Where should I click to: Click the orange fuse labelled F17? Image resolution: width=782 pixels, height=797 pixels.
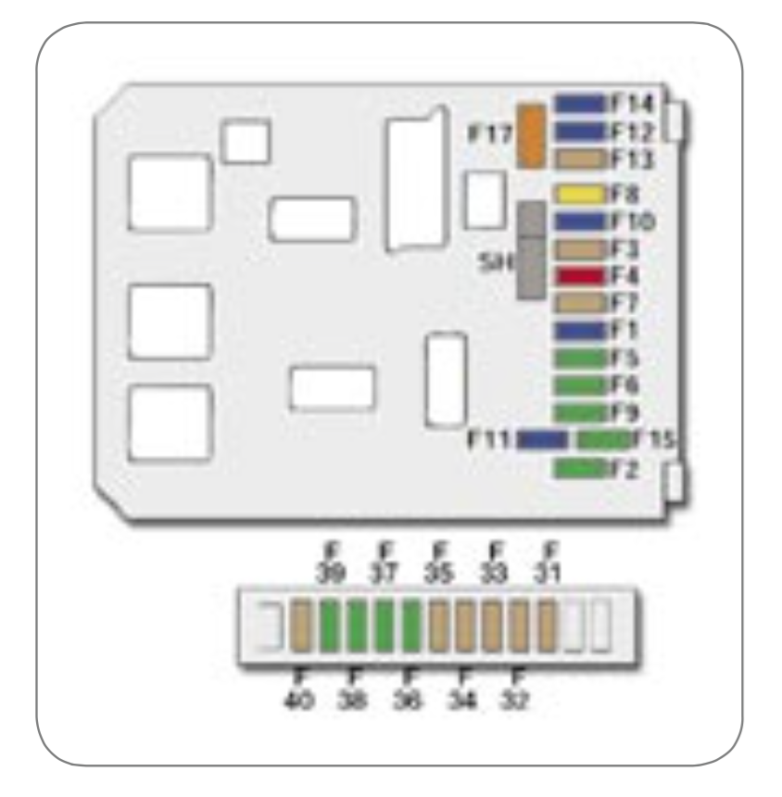tap(531, 136)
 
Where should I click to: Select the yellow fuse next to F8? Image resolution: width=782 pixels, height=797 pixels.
tap(578, 196)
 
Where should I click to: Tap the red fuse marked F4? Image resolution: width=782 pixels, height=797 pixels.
tap(578, 276)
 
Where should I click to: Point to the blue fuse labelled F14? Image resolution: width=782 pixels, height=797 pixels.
tap(578, 104)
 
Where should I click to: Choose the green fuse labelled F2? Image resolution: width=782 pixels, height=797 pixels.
tap(578, 469)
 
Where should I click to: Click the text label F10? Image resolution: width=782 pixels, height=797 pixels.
tap(634, 222)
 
